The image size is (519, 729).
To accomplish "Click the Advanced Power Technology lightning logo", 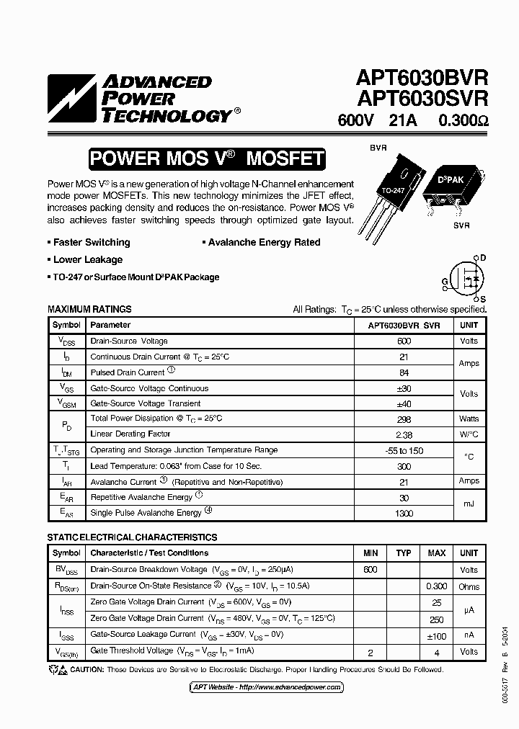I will [x=71, y=98].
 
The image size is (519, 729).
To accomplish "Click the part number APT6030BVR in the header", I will [x=422, y=78].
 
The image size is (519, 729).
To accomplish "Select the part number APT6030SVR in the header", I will [x=422, y=98].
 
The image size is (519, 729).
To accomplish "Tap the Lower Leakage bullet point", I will [x=87, y=259].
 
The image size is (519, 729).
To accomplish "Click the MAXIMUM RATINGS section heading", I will [x=89, y=309].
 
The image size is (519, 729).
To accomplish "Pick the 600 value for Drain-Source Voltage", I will [x=404, y=341].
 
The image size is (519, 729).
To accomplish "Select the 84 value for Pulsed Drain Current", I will [x=404, y=372].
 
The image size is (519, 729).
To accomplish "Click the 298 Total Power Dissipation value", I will [x=404, y=419].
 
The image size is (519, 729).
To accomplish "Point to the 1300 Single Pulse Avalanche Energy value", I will [x=404, y=513].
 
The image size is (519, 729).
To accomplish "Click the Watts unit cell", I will [x=469, y=419].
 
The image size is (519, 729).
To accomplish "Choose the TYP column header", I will [x=404, y=553].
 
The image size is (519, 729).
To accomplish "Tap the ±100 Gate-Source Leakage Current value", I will [x=436, y=635].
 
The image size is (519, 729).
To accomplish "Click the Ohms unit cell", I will [x=469, y=586].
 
